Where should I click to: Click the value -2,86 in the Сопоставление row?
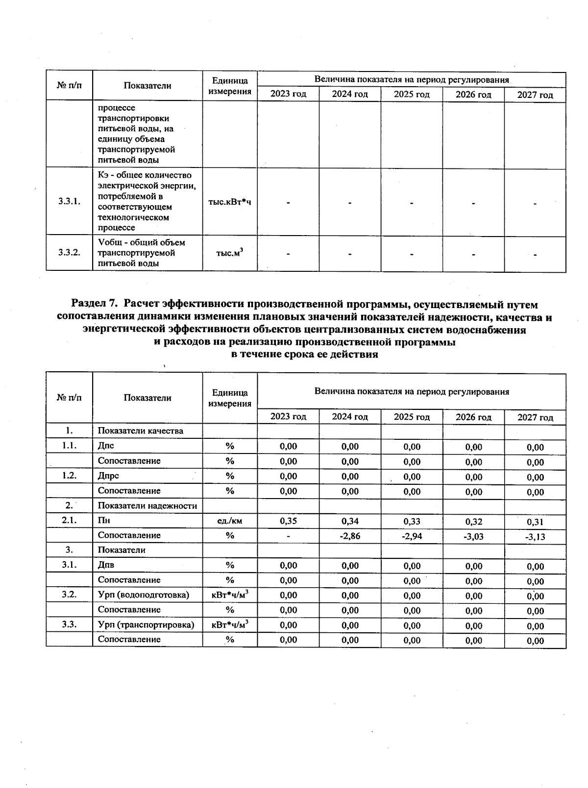(x=350, y=536)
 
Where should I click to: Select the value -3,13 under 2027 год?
(x=535, y=537)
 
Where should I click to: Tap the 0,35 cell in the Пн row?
(x=288, y=521)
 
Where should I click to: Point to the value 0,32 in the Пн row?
(x=474, y=522)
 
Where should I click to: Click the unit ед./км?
(x=229, y=521)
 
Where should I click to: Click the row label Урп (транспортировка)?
(x=146, y=625)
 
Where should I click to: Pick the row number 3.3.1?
(x=69, y=201)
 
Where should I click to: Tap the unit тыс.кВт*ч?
(x=229, y=202)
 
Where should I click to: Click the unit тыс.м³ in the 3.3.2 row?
(x=229, y=253)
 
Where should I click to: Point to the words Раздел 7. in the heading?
(x=96, y=305)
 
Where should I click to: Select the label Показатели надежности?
(x=147, y=506)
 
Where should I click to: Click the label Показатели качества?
(x=140, y=431)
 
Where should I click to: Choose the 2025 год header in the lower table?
(x=412, y=417)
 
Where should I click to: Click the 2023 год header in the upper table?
(x=288, y=94)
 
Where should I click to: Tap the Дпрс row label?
(x=108, y=476)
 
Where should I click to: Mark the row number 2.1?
(x=69, y=521)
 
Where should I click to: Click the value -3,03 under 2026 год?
(x=473, y=537)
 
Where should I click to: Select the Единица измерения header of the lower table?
(x=229, y=398)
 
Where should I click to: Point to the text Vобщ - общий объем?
(x=141, y=242)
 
